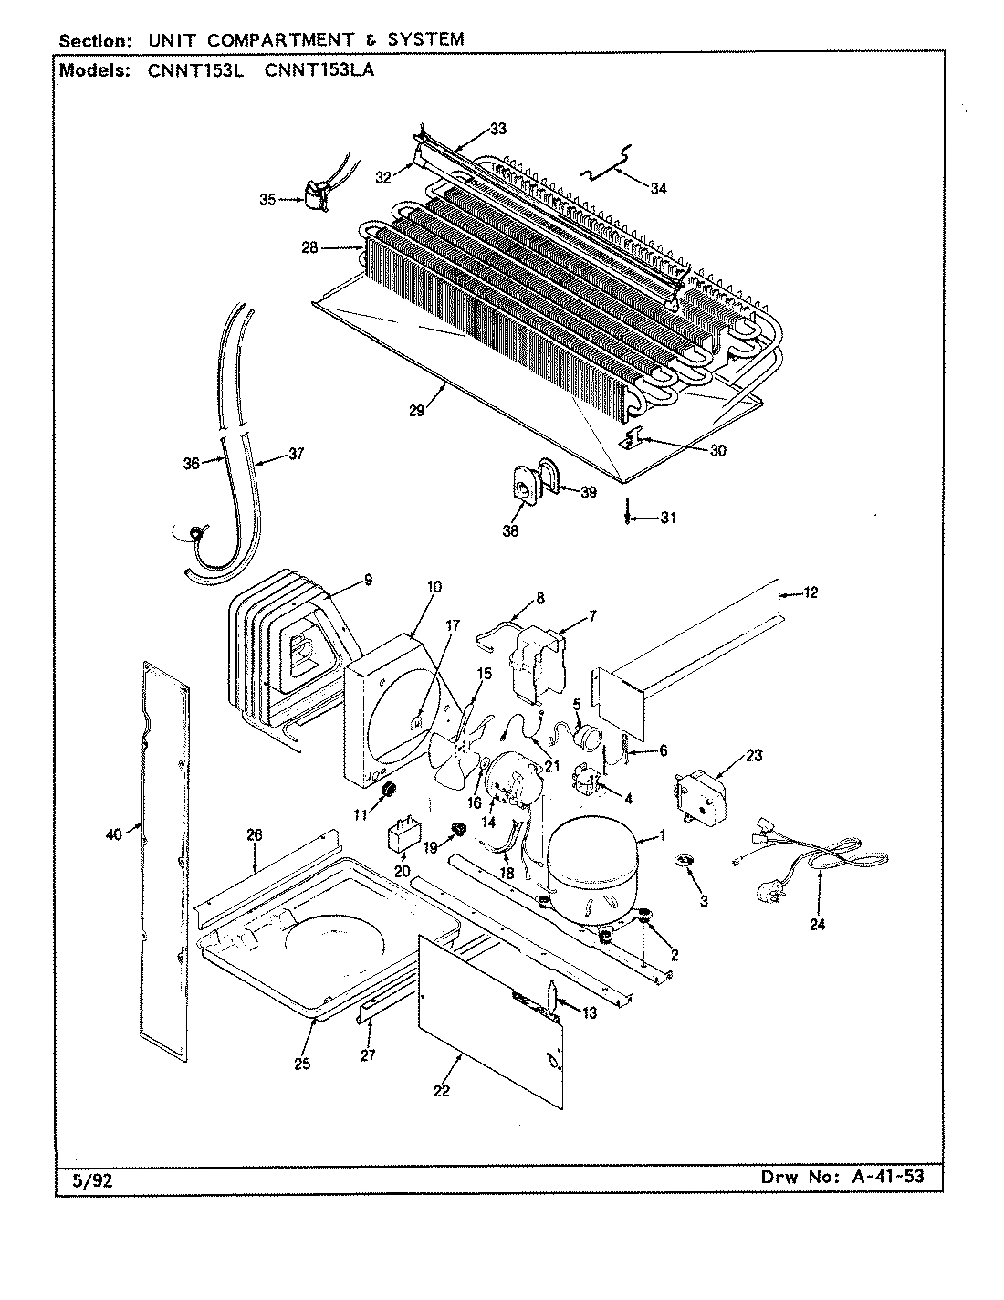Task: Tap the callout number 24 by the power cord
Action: click(x=817, y=924)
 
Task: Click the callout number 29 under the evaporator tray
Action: click(x=416, y=412)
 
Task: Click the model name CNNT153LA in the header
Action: click(x=319, y=71)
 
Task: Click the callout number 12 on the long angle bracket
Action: click(x=811, y=592)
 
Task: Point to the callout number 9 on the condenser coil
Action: click(x=368, y=578)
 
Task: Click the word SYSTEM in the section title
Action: click(x=425, y=39)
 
